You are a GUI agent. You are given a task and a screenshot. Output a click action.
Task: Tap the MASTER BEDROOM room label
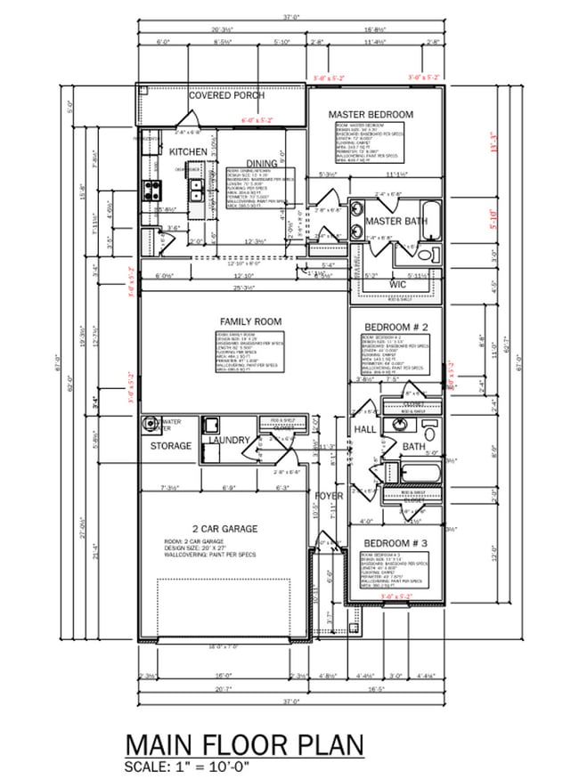click(371, 115)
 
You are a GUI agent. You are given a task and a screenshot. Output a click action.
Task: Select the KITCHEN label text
click(188, 152)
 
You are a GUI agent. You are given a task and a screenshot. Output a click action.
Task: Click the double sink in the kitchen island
click(195, 190)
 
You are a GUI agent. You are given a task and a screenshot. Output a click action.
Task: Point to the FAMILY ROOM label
click(250, 321)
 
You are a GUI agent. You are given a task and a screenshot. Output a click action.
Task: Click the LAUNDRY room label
click(225, 440)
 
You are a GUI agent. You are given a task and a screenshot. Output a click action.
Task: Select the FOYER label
click(328, 495)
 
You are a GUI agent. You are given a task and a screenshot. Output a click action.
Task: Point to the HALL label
click(365, 429)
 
